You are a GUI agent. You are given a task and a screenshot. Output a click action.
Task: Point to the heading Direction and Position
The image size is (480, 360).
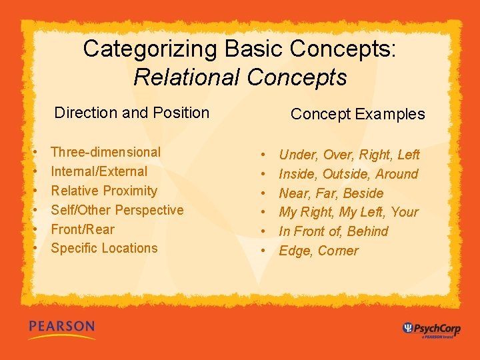[131, 113]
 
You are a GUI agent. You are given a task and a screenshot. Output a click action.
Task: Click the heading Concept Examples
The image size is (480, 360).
[357, 114]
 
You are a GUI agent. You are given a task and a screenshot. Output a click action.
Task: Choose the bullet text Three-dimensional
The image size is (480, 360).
[105, 152]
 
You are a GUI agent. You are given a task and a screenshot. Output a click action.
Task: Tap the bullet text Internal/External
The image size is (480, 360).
[99, 171]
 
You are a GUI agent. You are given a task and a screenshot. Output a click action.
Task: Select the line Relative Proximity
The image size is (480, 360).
[103, 191]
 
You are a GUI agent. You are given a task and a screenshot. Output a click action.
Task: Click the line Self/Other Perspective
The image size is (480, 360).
[117, 210]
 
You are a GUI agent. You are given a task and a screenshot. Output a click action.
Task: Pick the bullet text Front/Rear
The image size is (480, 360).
[83, 229]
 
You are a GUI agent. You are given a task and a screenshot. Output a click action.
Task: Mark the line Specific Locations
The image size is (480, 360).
[104, 248]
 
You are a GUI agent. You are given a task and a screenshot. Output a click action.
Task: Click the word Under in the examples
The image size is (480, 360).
[298, 155]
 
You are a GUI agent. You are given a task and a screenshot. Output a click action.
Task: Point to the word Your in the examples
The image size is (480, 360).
[405, 213]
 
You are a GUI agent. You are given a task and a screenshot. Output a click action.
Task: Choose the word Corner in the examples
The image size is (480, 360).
[338, 251]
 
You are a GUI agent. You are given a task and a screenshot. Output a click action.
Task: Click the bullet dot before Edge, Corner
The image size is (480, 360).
[264, 251]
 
